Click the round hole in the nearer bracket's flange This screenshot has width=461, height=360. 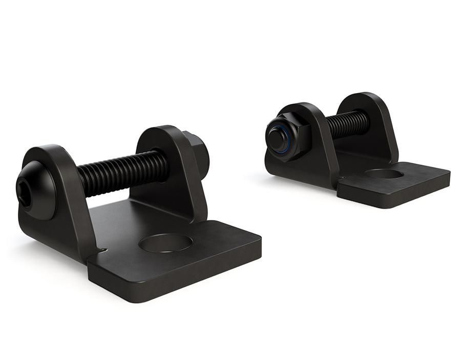click(165, 243)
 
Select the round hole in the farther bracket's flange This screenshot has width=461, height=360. click(384, 174)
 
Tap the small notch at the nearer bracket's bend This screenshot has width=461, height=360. click(103, 250)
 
